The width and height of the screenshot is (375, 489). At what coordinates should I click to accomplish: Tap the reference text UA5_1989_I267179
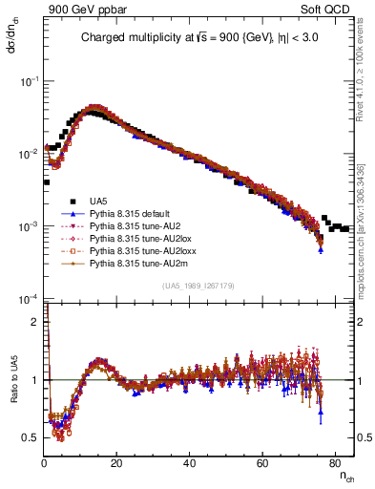point(198,285)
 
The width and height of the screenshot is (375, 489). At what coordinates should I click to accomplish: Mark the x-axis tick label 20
point(117,462)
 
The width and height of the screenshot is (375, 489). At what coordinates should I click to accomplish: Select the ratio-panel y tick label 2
point(36,322)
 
